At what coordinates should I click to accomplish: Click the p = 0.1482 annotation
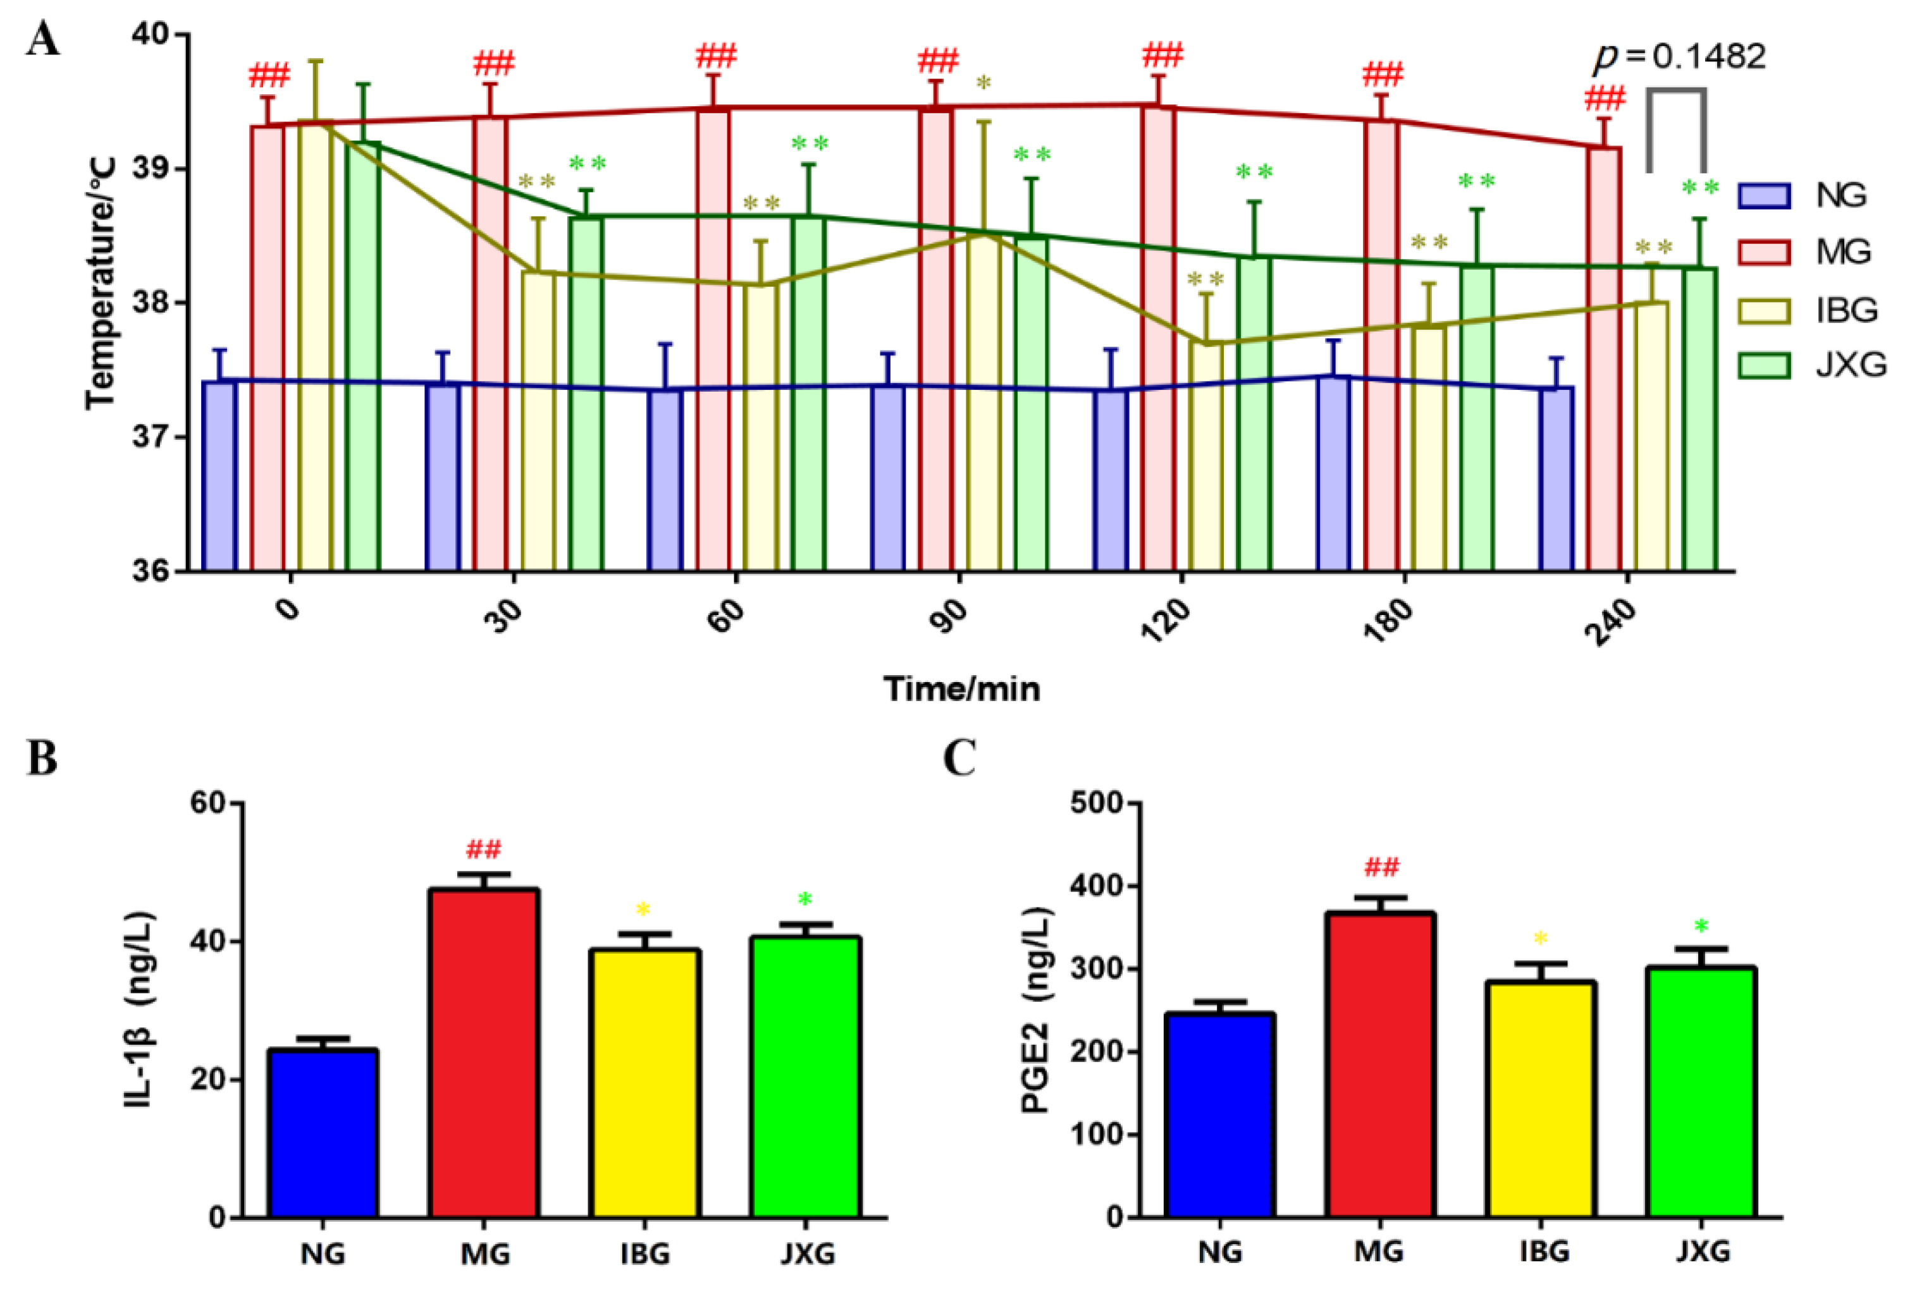click(1679, 56)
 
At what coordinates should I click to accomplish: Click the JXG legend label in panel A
click(1851, 364)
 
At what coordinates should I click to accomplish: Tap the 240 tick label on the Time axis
click(1611, 621)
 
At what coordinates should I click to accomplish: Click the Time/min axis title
click(961, 689)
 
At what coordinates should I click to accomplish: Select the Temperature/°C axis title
click(101, 283)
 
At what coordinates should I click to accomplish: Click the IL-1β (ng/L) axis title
click(140, 1009)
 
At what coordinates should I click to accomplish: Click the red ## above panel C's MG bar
click(1382, 867)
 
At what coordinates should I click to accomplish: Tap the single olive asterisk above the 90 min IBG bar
click(983, 83)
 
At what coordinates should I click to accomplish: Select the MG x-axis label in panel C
click(1379, 1252)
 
